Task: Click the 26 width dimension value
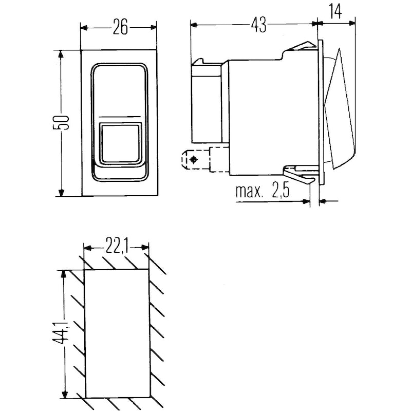point(120,27)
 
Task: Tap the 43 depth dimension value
point(258,25)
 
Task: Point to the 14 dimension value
point(335,12)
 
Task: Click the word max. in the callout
point(249,191)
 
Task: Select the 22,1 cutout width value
point(117,246)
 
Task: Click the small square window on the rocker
point(121,144)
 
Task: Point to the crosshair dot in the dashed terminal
point(194,159)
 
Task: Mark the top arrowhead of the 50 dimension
point(61,54)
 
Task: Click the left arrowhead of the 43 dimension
point(194,25)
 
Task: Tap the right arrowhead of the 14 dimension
point(352,23)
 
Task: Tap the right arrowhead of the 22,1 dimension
point(145,248)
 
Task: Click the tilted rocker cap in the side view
point(340,108)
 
